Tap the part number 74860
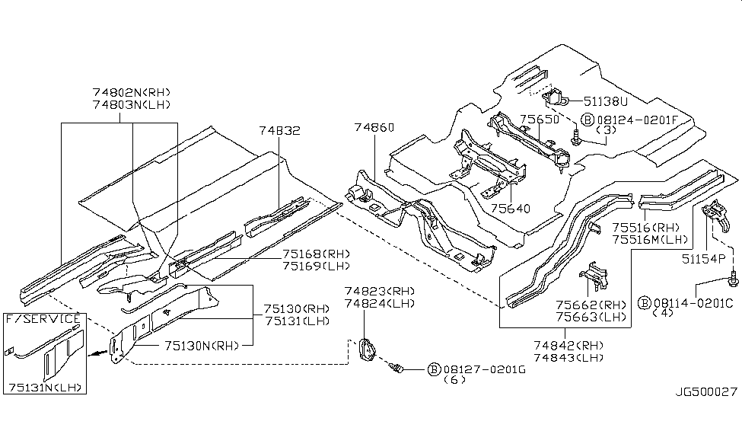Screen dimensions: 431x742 pos(374,129)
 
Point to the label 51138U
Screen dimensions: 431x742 pos(606,101)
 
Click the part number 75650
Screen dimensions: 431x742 pos(540,120)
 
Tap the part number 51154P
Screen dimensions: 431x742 pos(712,259)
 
